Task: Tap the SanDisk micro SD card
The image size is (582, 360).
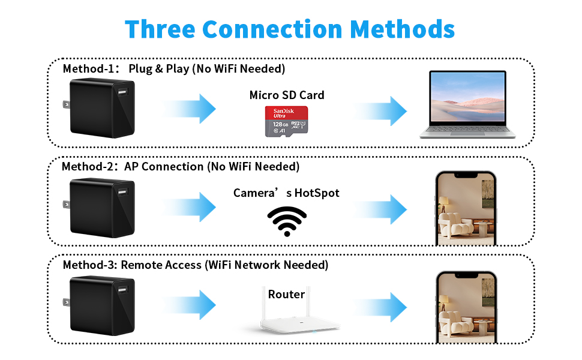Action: coord(286,121)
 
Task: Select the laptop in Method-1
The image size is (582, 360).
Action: coord(467,104)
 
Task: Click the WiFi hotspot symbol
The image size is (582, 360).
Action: coord(286,221)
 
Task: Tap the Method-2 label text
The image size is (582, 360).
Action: coord(89,166)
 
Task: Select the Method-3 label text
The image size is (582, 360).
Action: coord(91,265)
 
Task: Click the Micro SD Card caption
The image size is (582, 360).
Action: coord(287,95)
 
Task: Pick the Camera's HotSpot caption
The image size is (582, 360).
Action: coord(286,193)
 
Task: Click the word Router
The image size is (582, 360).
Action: coord(286,294)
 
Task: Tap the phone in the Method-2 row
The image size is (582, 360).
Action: coord(466,208)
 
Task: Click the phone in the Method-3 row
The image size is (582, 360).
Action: coord(466,306)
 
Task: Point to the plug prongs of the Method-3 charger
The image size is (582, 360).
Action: coord(64,304)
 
